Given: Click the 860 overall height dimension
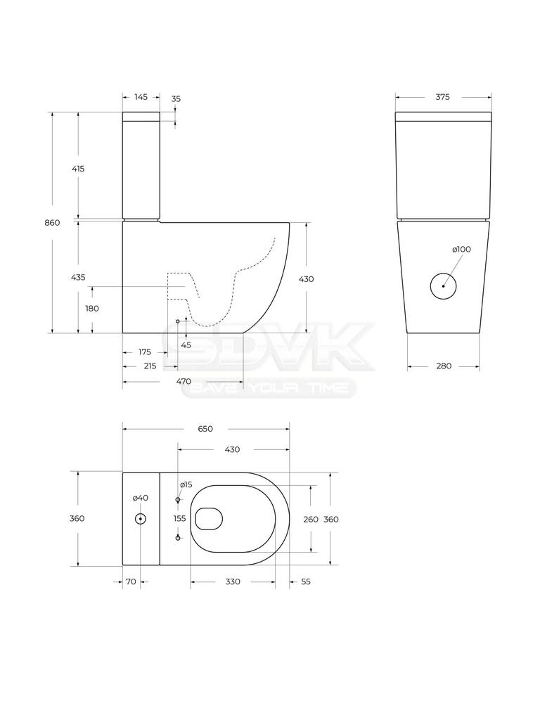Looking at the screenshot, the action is point(52,223).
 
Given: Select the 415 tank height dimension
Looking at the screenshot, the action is point(78,169).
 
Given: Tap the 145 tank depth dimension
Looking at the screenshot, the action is point(141,97).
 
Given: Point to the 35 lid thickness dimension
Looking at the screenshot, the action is point(176,98).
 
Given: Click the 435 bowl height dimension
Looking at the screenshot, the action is point(78,277).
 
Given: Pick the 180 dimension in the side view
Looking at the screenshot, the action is point(92,309).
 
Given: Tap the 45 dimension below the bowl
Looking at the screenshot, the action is point(186,345).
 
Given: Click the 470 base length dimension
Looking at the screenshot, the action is point(184,381).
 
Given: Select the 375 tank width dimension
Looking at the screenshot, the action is point(443,97).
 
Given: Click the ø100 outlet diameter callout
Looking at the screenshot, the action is point(461,250).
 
